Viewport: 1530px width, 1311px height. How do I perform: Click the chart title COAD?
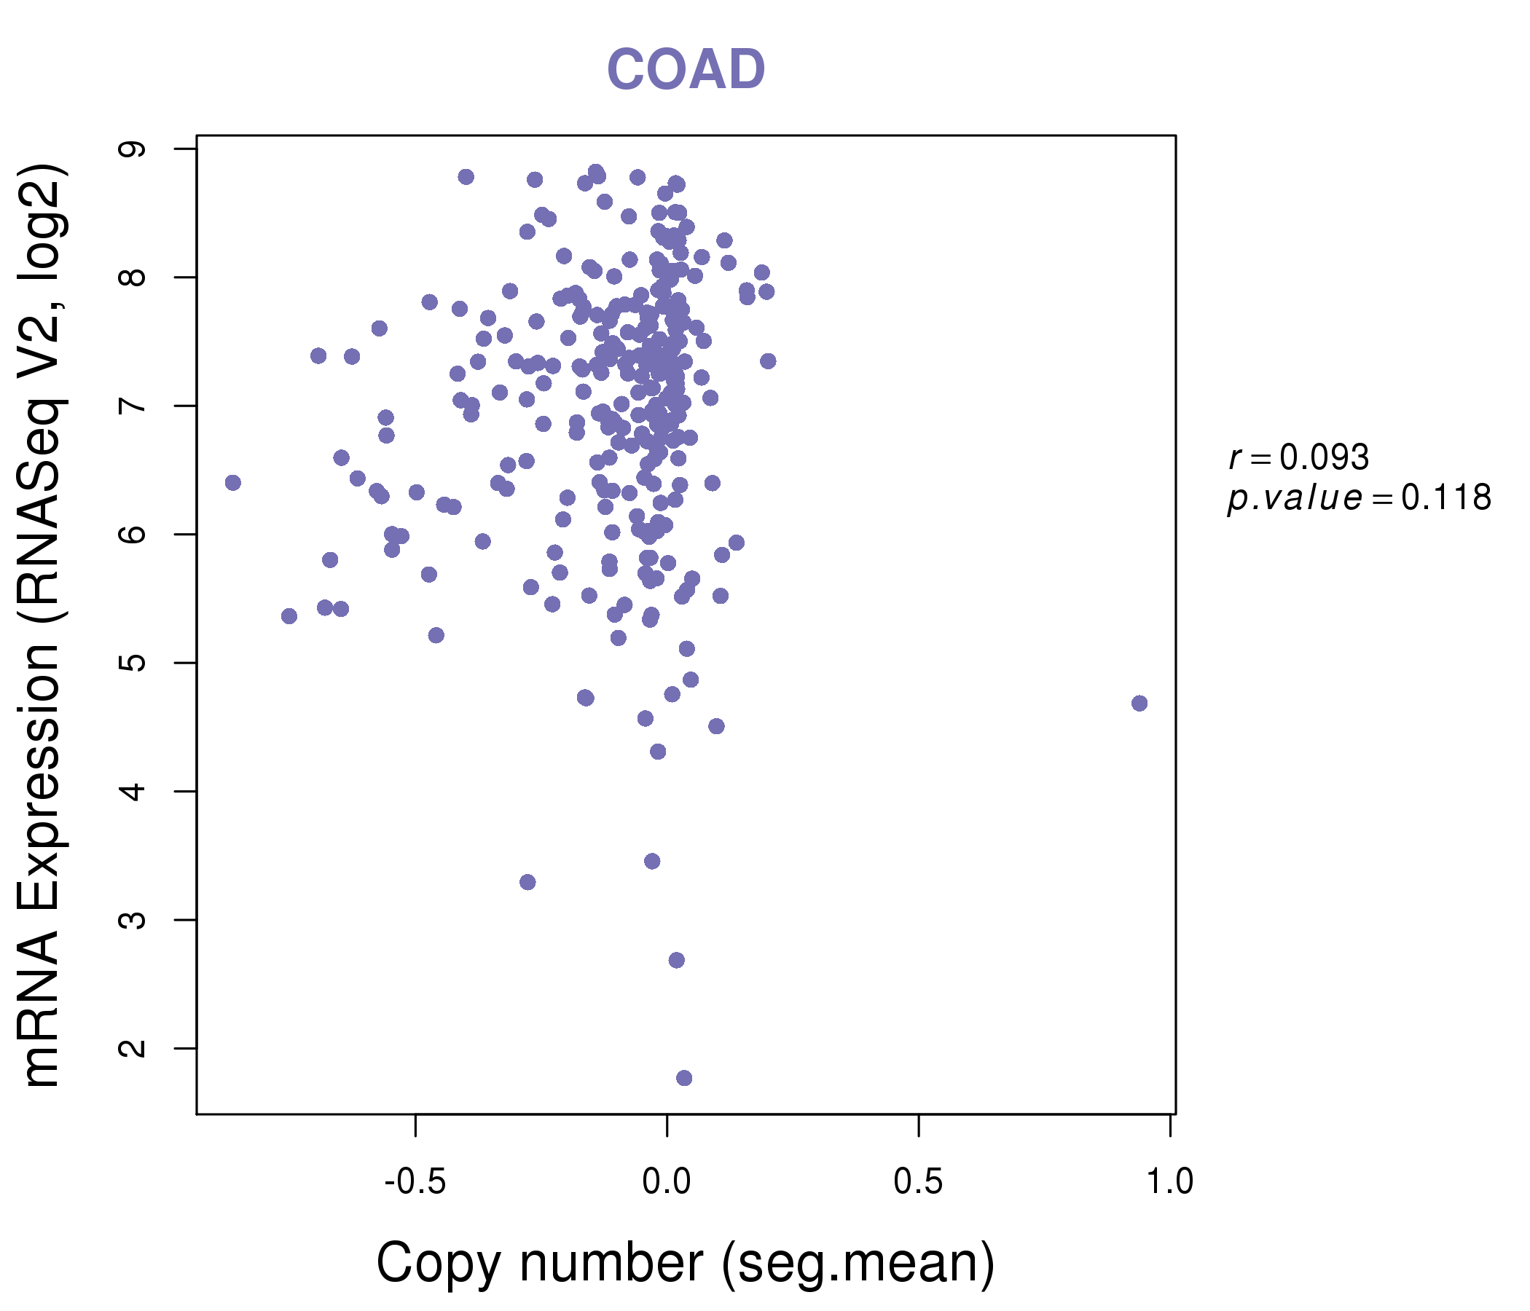pyautogui.click(x=686, y=69)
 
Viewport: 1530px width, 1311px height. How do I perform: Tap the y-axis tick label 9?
pyautogui.click(x=133, y=149)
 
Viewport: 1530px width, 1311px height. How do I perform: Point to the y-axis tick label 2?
pyautogui.click(x=133, y=1048)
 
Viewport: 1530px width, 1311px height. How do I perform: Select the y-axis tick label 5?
pyautogui.click(x=133, y=663)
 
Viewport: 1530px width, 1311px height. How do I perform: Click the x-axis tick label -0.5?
pyautogui.click(x=415, y=1182)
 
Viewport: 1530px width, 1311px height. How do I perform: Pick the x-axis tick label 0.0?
pyautogui.click(x=666, y=1182)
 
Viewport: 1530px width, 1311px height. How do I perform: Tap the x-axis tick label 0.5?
pyautogui.click(x=918, y=1182)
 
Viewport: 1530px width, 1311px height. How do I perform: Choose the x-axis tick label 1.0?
pyautogui.click(x=1169, y=1182)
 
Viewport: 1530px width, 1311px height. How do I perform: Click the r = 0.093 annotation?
pyautogui.click(x=1299, y=457)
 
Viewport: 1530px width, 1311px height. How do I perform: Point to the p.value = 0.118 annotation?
pyautogui.click(x=1360, y=498)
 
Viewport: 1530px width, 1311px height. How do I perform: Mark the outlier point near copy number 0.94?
pyautogui.click(x=1139, y=703)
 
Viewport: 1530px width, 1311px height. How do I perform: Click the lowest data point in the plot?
pyautogui.click(x=684, y=1078)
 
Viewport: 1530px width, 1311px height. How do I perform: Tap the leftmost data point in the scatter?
pyautogui.click(x=232, y=483)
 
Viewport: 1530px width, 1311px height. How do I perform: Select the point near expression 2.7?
pyautogui.click(x=676, y=960)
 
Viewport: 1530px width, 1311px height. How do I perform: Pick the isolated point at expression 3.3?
pyautogui.click(x=527, y=882)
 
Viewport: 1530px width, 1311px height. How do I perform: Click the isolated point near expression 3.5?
pyautogui.click(x=652, y=861)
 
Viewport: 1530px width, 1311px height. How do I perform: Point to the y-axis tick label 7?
pyautogui.click(x=133, y=406)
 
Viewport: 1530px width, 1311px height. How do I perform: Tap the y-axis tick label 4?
pyautogui.click(x=133, y=791)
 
